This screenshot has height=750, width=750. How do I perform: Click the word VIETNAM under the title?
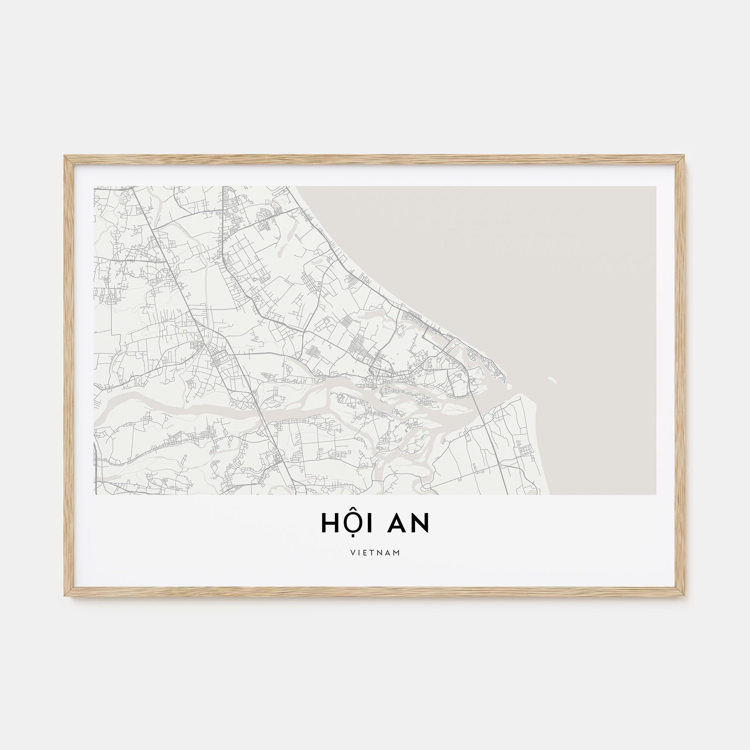(x=375, y=552)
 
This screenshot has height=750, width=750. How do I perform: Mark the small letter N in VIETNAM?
(x=381, y=552)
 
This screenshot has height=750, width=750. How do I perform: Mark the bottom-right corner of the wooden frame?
(x=684, y=594)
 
